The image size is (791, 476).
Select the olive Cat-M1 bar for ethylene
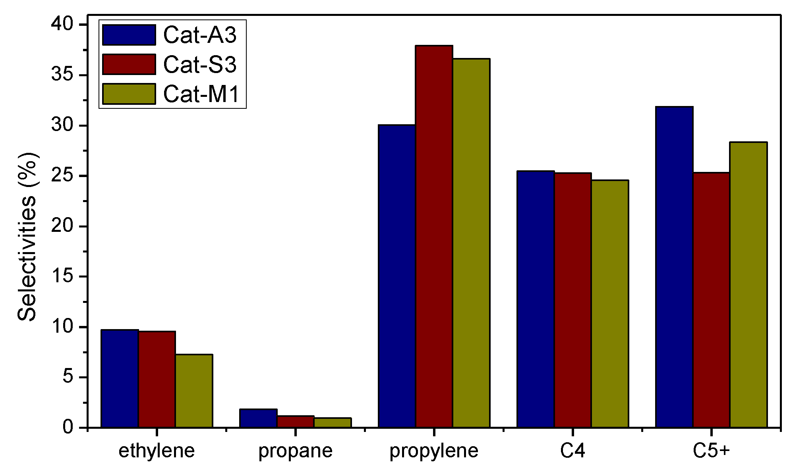tap(194, 391)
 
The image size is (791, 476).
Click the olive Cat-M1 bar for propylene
tap(471, 243)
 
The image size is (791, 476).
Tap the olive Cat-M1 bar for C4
tap(610, 304)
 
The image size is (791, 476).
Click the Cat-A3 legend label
tap(200, 35)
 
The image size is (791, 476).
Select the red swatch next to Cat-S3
tap(129, 64)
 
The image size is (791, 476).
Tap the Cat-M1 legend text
tap(201, 94)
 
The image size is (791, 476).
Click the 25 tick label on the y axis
tap(63, 176)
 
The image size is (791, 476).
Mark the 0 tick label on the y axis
tap(68, 428)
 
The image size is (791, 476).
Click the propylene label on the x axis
tap(434, 451)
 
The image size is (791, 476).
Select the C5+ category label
tap(711, 451)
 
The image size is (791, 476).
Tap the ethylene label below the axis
tap(157, 451)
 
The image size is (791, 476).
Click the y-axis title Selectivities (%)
tap(27, 237)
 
